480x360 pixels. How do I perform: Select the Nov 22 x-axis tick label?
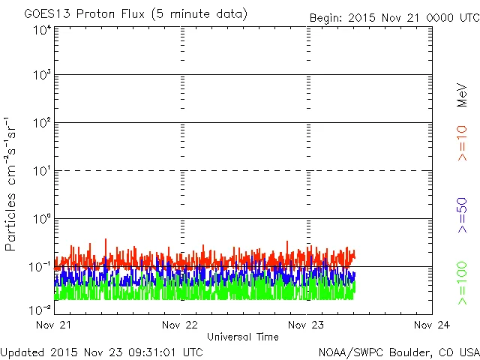pos(179,325)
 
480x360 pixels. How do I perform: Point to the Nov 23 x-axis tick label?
pos(306,325)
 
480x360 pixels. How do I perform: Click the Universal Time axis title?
pos(242,337)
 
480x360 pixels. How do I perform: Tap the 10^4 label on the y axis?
pos(42,30)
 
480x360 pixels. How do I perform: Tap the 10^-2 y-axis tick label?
pos(40,309)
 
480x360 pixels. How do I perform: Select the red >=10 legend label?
pos(462,143)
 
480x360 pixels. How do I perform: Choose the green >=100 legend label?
pos(462,283)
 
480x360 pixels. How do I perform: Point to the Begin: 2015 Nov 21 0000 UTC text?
pos(394,17)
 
